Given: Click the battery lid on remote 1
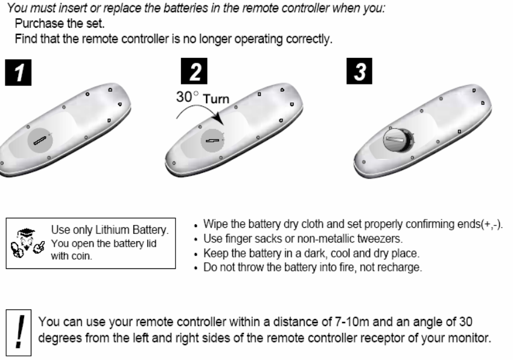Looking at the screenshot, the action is coord(40,141).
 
